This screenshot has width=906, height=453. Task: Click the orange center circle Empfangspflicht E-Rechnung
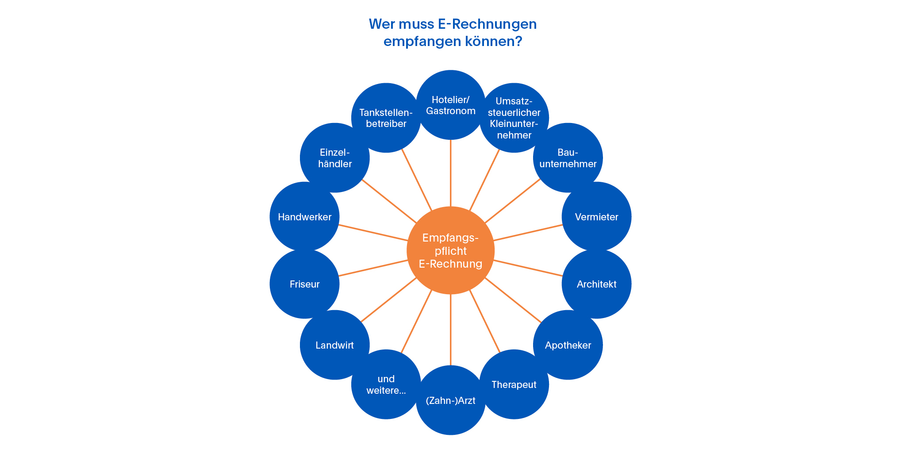click(450, 250)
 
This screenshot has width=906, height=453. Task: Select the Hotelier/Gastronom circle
click(450, 105)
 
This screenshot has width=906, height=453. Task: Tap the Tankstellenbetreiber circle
click(386, 118)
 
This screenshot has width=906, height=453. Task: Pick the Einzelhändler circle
click(335, 158)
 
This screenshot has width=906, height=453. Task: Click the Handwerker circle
click(304, 217)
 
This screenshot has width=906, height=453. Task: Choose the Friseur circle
click(304, 284)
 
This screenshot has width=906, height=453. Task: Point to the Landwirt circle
click(335, 345)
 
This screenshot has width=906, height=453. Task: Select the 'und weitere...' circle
click(386, 384)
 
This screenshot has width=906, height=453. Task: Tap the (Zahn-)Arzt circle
click(450, 400)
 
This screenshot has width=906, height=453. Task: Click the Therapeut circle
click(514, 384)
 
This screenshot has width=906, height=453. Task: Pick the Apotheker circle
click(568, 345)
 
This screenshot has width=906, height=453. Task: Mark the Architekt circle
click(596, 284)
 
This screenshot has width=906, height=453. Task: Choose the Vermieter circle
click(596, 217)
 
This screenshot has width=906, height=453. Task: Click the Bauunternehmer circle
click(568, 158)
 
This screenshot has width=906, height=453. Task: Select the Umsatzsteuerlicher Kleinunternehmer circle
click(514, 118)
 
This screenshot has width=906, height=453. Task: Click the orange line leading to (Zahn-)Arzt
click(450, 330)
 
